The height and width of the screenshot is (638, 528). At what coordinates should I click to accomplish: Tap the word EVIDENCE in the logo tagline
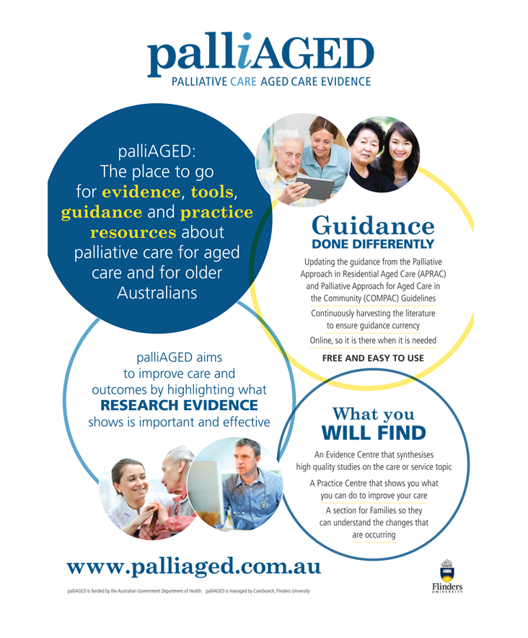(x=346, y=81)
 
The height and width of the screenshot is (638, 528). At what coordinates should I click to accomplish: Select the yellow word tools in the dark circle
(x=212, y=192)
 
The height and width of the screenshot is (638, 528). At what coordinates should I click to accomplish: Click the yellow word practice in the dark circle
(x=216, y=212)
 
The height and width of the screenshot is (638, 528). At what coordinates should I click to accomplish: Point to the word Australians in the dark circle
(x=157, y=293)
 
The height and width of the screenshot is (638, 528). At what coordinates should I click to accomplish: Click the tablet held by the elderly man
(x=314, y=187)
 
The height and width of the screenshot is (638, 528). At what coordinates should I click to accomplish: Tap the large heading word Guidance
(x=374, y=226)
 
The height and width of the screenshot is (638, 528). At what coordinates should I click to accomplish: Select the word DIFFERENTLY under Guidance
(x=393, y=244)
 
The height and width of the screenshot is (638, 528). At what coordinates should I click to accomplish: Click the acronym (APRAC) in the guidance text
(x=431, y=274)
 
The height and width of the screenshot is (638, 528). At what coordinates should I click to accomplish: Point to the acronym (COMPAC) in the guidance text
(x=381, y=298)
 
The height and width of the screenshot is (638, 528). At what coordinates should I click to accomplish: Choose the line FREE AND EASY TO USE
(x=373, y=358)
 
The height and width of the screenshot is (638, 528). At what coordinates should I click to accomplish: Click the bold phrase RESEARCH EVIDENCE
(x=179, y=405)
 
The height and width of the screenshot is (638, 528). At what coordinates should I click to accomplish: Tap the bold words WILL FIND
(x=374, y=433)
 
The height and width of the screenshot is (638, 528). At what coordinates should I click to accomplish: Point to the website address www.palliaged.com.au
(x=194, y=567)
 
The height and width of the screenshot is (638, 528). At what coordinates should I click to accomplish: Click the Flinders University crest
(x=447, y=570)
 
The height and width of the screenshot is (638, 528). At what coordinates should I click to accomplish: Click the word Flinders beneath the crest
(x=447, y=587)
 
